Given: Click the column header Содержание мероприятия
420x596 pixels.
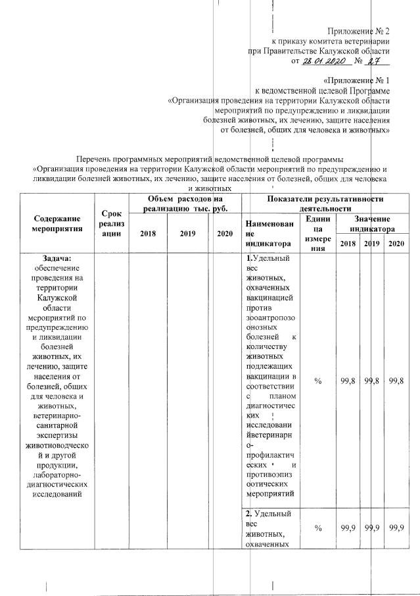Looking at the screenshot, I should [x=56, y=223].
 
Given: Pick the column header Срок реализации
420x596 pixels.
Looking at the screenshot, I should [x=112, y=223].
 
